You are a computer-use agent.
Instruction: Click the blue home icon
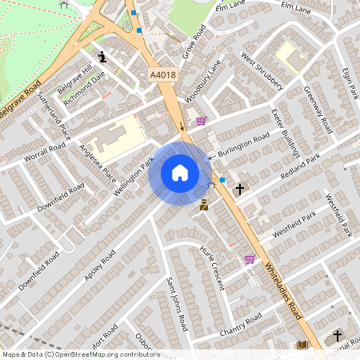click(x=180, y=173)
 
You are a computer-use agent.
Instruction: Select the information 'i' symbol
click(x=103, y=57)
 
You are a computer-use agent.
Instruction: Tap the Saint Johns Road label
click(x=178, y=305)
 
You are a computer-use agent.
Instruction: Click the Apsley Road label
click(x=100, y=265)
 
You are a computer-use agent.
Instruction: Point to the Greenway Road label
click(x=318, y=111)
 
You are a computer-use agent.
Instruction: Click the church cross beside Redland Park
click(x=240, y=190)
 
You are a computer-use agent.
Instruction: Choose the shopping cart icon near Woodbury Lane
click(x=201, y=122)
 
